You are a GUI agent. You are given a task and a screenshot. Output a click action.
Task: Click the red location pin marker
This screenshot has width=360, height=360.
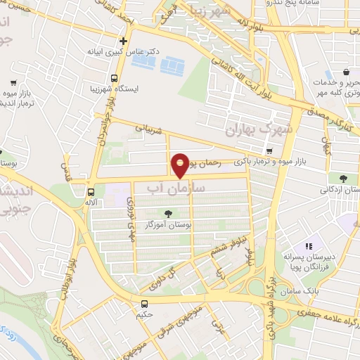tap(181, 165)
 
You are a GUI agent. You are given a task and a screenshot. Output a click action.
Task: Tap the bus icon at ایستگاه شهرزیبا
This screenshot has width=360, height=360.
tap(114, 79)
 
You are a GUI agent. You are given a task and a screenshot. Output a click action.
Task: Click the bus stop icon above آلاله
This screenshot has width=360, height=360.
tap(90, 191)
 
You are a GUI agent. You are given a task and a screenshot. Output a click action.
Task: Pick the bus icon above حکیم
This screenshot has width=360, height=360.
tap(144, 304)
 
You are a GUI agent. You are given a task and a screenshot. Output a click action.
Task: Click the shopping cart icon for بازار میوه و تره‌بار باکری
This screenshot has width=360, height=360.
tap(269, 151)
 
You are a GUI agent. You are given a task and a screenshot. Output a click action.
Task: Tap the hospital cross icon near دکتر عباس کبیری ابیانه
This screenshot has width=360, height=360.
tap(124, 41)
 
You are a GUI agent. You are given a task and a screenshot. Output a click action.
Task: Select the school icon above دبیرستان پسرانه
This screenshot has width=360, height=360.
tap(307, 247)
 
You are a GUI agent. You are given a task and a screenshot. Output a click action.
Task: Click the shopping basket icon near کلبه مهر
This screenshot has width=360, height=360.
tap(347, 72)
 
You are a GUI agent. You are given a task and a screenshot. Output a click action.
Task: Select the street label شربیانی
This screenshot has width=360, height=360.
tap(150, 130)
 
